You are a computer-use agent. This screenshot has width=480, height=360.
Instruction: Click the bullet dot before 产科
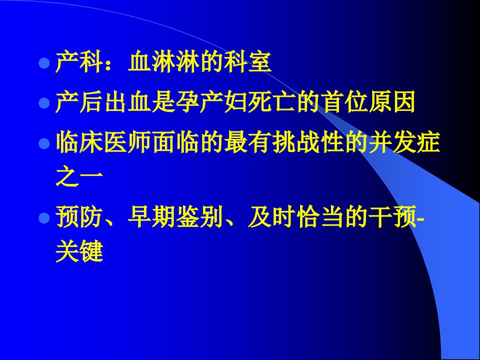click(44, 63)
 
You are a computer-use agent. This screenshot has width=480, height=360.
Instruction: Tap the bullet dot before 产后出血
click(44, 103)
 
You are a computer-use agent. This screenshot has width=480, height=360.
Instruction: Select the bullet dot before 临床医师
click(44, 143)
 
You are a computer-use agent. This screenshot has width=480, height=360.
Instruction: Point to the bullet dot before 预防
click(44, 218)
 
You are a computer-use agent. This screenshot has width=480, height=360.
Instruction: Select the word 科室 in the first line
click(247, 62)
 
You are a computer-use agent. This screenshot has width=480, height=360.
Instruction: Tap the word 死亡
click(271, 101)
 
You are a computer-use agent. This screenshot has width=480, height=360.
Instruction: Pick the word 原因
click(391, 101)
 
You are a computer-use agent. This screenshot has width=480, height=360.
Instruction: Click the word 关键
click(79, 251)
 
